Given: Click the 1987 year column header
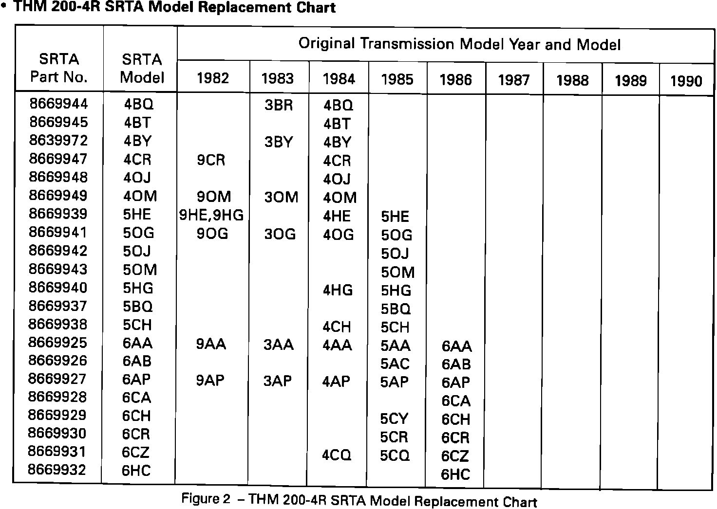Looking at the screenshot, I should coord(514,80).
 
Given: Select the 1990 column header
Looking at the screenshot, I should coord(686,81).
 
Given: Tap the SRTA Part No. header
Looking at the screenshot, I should coord(58,68).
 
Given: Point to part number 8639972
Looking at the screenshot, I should coord(58,140).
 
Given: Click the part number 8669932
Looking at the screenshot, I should coord(57,470).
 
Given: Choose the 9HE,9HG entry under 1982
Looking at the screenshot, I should coord(211,215).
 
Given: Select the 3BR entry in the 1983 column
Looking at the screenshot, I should coord(279,105).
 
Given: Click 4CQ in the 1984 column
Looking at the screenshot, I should coord(337,455).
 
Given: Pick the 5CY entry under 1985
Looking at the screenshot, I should coord(394,418).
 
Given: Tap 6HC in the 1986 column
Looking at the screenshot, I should coord(455,474).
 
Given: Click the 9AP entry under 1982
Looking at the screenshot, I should coord(210,380).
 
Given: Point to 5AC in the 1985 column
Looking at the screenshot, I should coord(395,364).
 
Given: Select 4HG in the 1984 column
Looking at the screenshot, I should coord(338,290).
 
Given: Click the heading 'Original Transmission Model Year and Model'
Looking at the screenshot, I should coord(459,44).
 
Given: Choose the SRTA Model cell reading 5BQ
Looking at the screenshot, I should coord(138,307).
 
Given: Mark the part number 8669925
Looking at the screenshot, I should coord(57,343).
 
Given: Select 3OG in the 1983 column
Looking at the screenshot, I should coord(280,234).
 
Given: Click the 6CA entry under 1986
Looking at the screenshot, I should coord(456,400).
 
